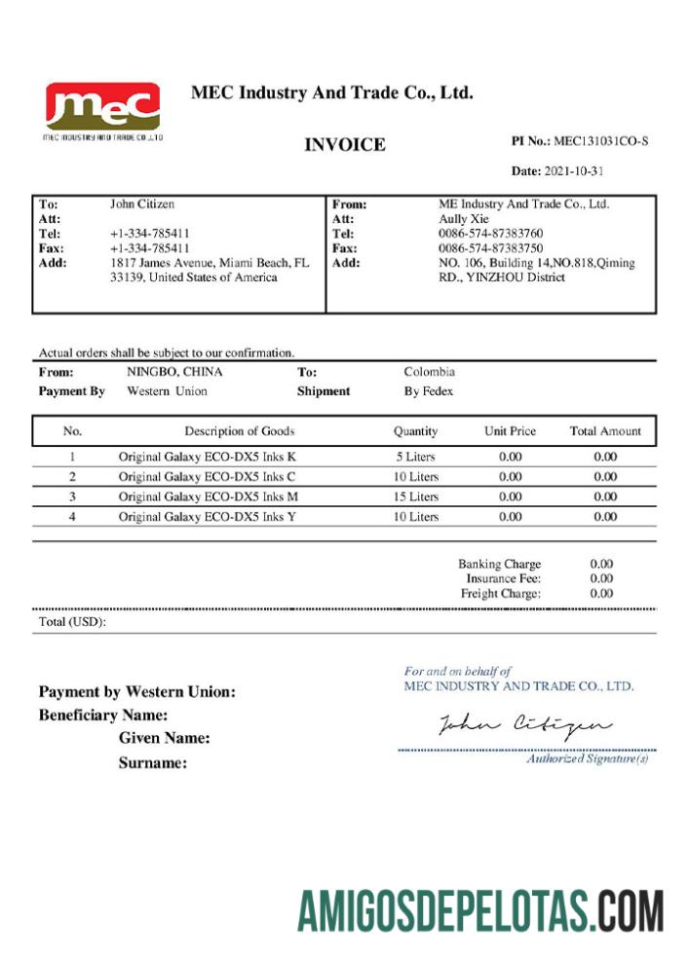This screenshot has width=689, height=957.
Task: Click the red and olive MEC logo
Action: (x=102, y=106)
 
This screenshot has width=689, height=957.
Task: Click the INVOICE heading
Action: (x=345, y=145)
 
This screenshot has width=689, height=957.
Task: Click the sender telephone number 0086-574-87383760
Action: (x=490, y=234)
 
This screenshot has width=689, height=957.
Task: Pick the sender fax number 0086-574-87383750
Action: (x=490, y=248)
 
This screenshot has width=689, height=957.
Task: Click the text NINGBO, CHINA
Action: (x=174, y=372)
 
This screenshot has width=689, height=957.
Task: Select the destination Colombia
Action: (x=429, y=372)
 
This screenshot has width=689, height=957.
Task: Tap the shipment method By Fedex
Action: (x=429, y=391)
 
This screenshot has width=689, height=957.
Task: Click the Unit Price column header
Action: (x=510, y=431)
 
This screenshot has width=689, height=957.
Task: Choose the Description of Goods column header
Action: (x=239, y=431)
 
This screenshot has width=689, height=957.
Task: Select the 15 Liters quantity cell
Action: (x=416, y=497)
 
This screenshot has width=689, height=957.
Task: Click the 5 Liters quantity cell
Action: (x=416, y=457)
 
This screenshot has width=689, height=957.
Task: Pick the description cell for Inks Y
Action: (x=208, y=518)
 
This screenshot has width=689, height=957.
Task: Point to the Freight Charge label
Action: (x=500, y=593)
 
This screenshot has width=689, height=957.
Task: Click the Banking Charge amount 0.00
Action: (x=601, y=564)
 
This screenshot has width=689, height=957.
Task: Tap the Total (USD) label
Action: (x=72, y=622)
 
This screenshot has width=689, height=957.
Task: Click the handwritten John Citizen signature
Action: (x=524, y=724)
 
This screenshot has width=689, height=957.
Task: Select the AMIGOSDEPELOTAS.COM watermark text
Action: (x=480, y=911)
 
